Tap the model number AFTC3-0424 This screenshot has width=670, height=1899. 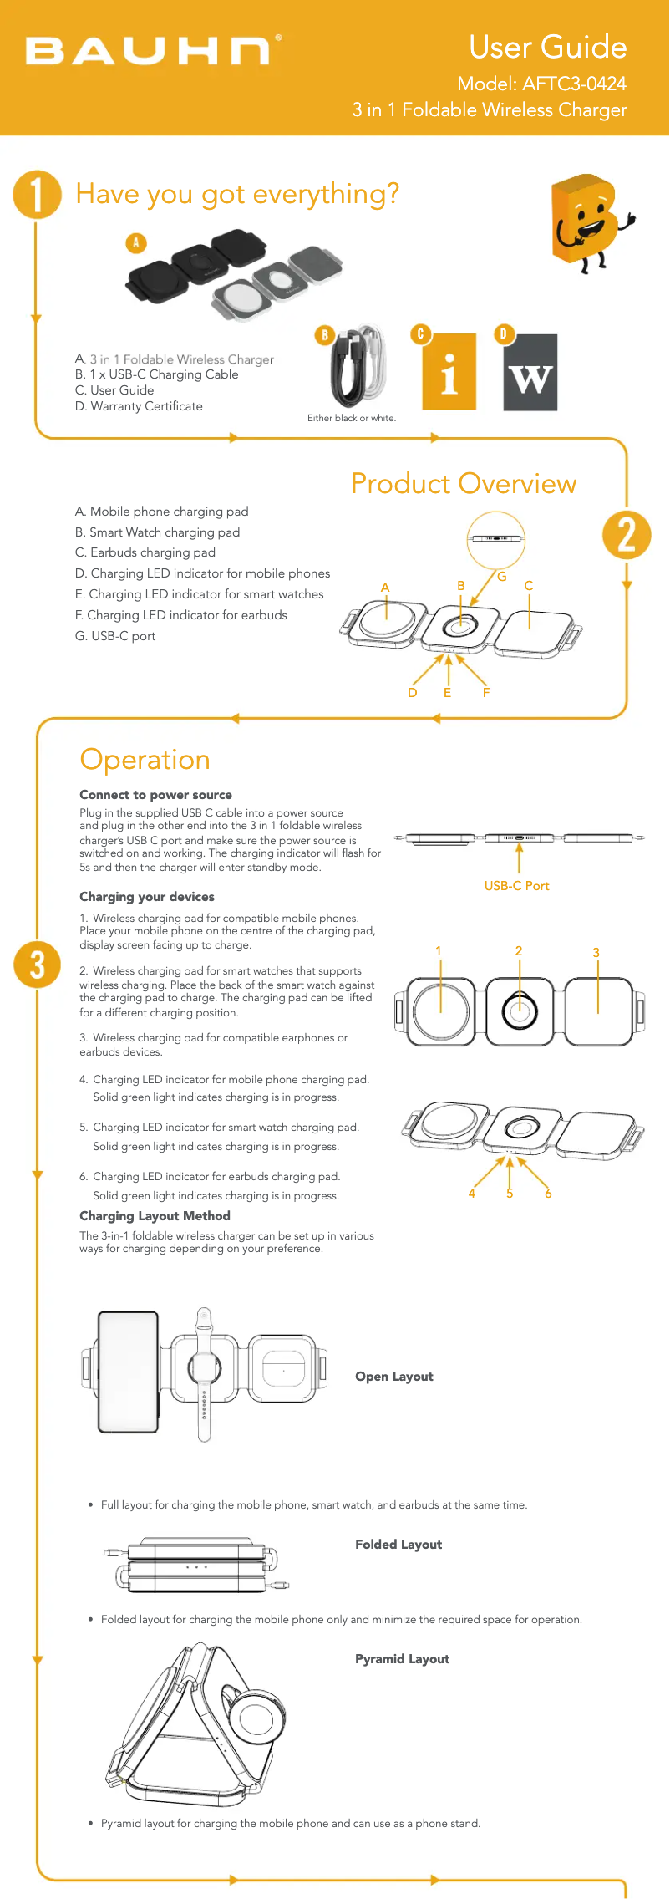pos(574,84)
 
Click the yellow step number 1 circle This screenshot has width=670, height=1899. pos(37,195)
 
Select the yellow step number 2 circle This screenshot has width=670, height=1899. pos(627,536)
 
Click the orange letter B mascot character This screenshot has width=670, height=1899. pos(589,221)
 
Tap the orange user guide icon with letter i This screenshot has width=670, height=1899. pos(449,372)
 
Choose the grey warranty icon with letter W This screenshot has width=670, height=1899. pos(530,373)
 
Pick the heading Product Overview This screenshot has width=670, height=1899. pos(464,484)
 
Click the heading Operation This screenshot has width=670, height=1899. pos(145,760)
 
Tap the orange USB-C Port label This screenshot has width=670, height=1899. pos(516,886)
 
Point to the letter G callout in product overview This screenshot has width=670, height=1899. pos(502,577)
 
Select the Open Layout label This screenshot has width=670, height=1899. pos(394,1377)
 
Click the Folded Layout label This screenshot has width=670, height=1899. pos(398,1545)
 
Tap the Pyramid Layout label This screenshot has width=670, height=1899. pos(402,1659)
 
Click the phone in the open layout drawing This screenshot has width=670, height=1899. pos(128,1371)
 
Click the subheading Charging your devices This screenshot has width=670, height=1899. pos(147,897)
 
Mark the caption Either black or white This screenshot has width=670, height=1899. pos(352,418)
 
